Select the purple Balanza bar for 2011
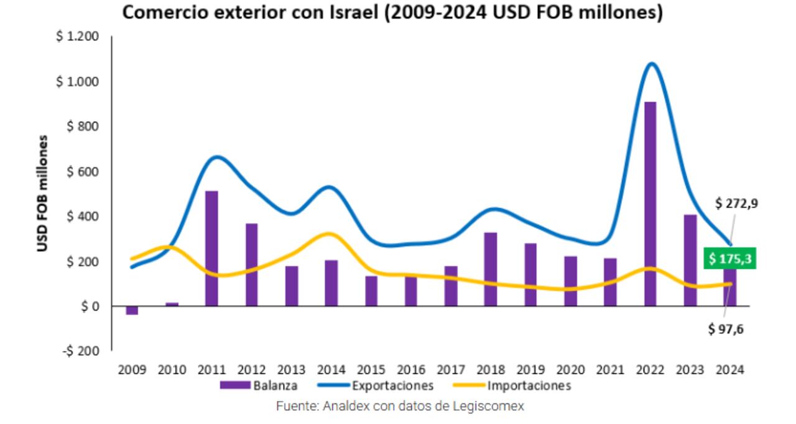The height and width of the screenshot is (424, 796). point(211,248)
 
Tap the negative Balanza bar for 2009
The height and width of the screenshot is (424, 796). point(132,310)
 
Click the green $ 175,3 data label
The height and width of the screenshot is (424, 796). point(729,258)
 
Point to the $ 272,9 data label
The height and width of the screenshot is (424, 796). point(736,204)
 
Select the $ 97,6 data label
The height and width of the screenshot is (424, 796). point(726,329)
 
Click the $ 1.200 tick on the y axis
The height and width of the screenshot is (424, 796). point(78,37)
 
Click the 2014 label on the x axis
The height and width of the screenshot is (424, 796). point(331,370)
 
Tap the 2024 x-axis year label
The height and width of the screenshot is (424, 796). point(731,370)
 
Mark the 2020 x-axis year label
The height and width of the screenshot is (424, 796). point(571,370)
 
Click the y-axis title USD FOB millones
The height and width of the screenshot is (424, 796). point(42,194)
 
